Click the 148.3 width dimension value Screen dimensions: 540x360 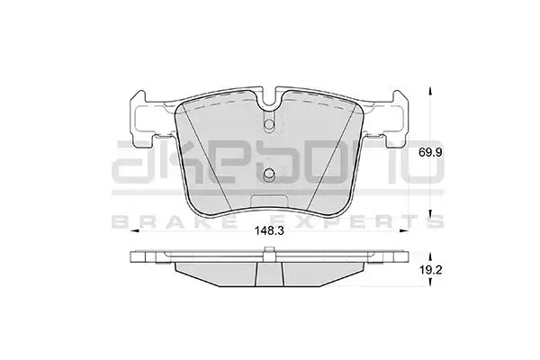pyautogui.click(x=269, y=230)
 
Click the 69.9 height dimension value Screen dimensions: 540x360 pyautogui.click(x=430, y=152)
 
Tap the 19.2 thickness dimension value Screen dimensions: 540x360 pyautogui.click(x=430, y=270)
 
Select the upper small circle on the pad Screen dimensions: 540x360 pyautogui.click(x=269, y=124)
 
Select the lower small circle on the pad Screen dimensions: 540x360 pyautogui.click(x=269, y=175)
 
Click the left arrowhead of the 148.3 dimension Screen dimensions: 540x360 pyautogui.click(x=135, y=230)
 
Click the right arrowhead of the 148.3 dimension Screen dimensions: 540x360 pyautogui.click(x=404, y=230)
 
